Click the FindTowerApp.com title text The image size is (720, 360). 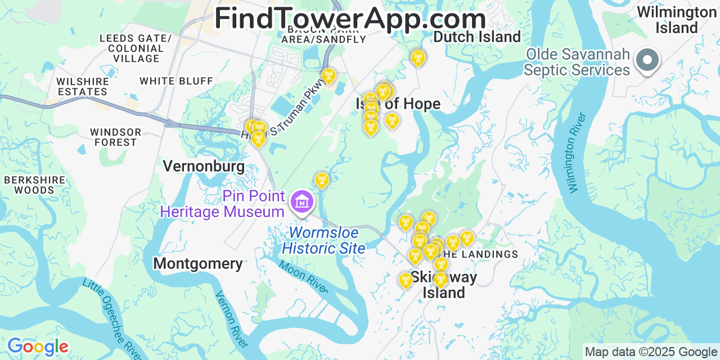click(x=350, y=19)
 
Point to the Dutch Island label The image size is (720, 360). click(x=477, y=37)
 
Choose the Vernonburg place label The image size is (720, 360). click(x=204, y=166)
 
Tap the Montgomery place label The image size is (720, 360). click(x=198, y=263)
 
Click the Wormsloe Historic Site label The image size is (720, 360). click(x=323, y=240)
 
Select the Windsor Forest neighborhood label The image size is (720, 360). click(x=115, y=137)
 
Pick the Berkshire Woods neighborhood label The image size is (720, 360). click(x=34, y=185)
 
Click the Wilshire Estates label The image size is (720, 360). click(x=82, y=86)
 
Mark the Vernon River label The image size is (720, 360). click(x=231, y=318)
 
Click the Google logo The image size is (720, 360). click(x=37, y=346)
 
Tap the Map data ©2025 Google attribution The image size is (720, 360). click(x=650, y=352)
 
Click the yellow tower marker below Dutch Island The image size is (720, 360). click(x=417, y=57)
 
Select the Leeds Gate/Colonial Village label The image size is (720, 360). click(x=136, y=48)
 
